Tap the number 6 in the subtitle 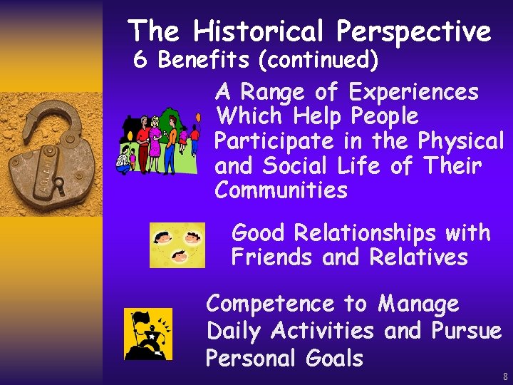click(141, 61)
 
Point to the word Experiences click(414, 93)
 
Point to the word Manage click(418, 304)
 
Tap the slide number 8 click(504, 376)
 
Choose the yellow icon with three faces click(177, 245)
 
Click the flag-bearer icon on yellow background click(148, 334)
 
